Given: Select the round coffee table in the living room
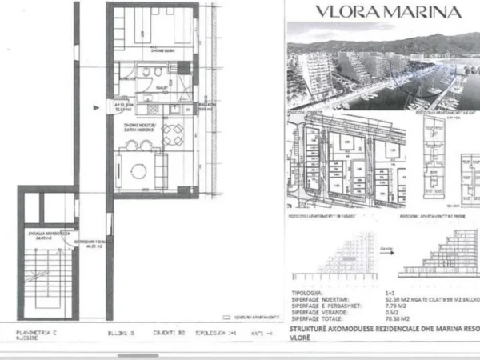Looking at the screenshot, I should [138, 169].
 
